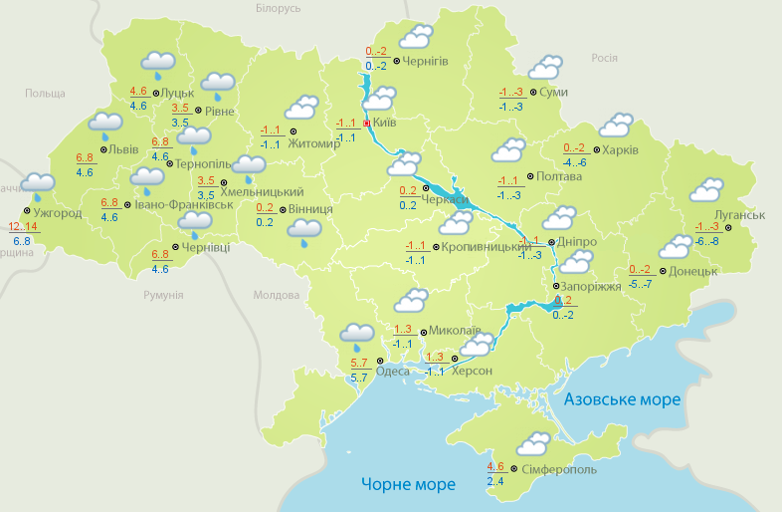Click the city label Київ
[385, 123]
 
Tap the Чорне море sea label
[408, 485]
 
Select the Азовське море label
[622, 399]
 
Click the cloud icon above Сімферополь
[533, 442]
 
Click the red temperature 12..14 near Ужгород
[23, 227]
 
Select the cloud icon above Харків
[615, 125]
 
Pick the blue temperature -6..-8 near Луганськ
[707, 241]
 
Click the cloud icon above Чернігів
[415, 38]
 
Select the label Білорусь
[278, 8]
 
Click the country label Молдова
[276, 296]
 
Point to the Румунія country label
[163, 296]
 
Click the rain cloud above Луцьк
[157, 63]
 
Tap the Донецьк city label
[692, 271]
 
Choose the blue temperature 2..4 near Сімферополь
[495, 481]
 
